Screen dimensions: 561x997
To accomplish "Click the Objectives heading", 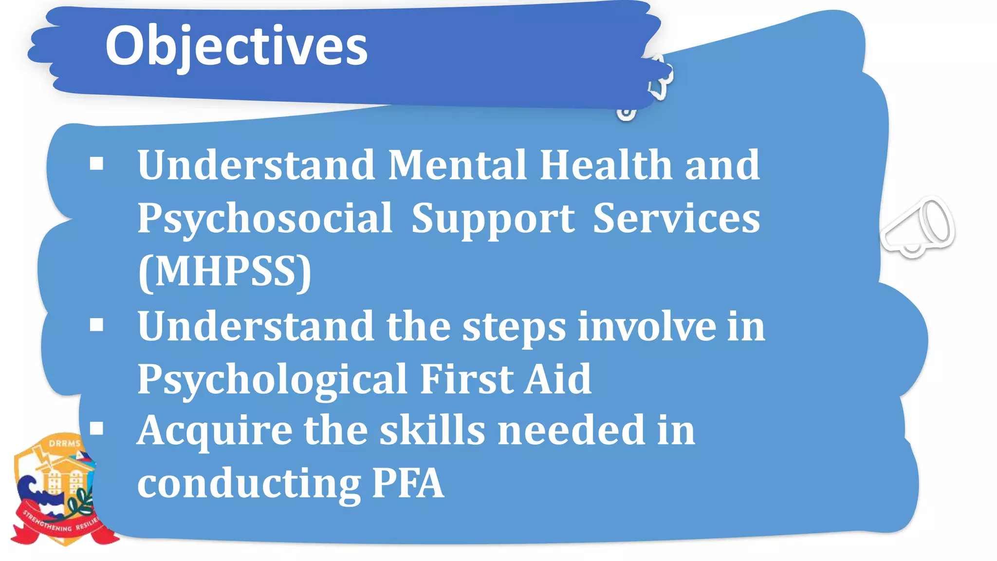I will (236, 46).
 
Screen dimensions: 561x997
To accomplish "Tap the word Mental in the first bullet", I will (457, 165).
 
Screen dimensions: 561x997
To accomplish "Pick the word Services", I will (676, 219).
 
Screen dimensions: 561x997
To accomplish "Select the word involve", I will (647, 326).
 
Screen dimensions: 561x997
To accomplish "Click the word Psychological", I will (272, 380).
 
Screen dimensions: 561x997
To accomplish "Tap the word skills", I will (432, 430).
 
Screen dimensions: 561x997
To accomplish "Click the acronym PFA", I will (407, 483).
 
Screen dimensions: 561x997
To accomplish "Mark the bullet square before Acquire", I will (97, 428).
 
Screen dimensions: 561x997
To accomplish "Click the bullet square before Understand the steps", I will (97, 324).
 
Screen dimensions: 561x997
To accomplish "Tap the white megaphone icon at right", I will (918, 227).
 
